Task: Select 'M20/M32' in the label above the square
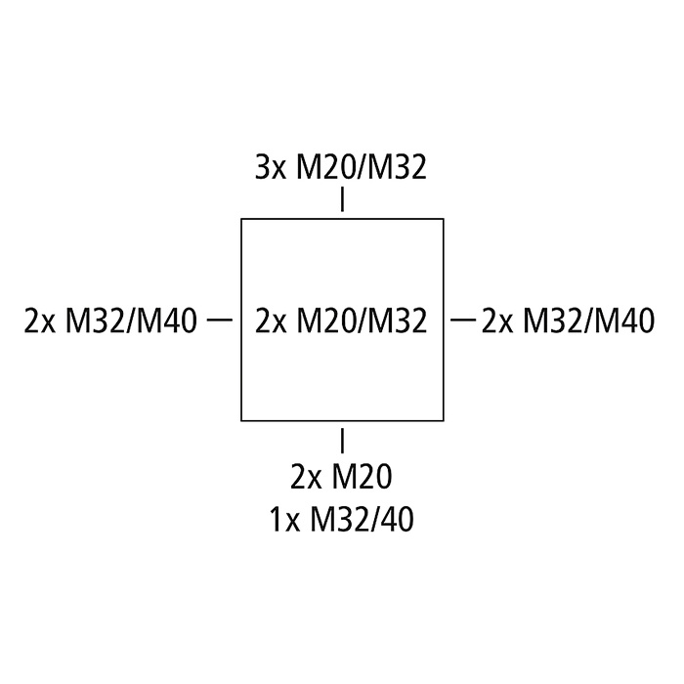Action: coord(362,168)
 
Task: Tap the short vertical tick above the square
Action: coord(342,199)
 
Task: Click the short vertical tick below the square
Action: coord(342,440)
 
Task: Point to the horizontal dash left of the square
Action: coord(220,321)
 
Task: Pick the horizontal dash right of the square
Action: coord(463,321)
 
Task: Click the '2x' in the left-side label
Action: coord(40,321)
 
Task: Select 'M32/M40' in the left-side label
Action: coord(131,321)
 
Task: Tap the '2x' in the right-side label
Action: coord(497,321)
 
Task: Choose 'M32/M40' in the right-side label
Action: coord(589,321)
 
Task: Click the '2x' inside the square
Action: coord(271,321)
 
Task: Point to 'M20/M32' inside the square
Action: coord(362,321)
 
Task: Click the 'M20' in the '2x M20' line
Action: coord(363,477)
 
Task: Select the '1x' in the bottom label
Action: coord(285,520)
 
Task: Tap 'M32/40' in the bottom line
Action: coord(362,520)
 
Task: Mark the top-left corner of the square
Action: coord(241,219)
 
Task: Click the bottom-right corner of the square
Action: coord(444,420)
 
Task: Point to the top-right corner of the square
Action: coord(444,219)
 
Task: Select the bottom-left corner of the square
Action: coord(241,420)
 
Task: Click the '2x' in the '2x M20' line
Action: coord(306,477)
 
